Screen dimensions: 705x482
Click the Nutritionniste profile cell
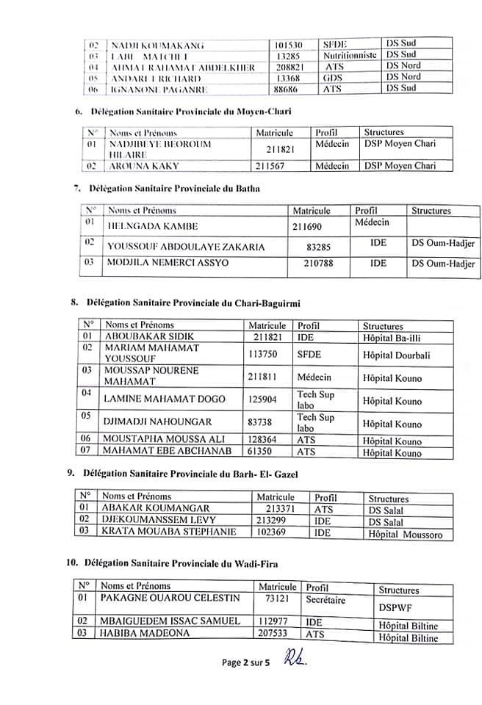(x=350, y=54)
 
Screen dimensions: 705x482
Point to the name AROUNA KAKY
(x=134, y=166)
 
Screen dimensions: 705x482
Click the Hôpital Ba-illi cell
(x=397, y=338)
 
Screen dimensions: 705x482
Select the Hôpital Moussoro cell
(x=406, y=535)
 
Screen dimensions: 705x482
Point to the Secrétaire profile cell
(x=329, y=600)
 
